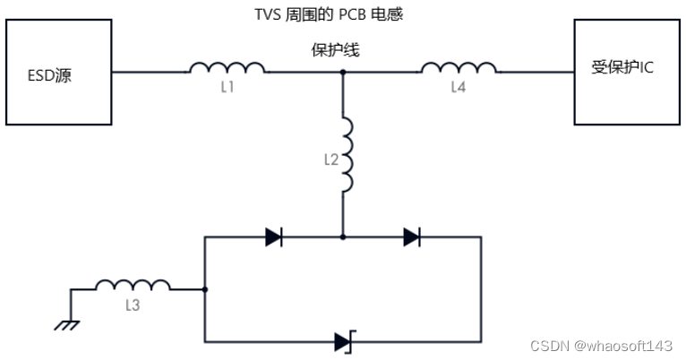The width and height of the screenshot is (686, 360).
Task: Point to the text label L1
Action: pyautogui.click(x=227, y=88)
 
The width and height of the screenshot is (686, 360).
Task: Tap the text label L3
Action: pyautogui.click(x=133, y=305)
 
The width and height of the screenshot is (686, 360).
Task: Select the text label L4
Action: pyautogui.click(x=459, y=88)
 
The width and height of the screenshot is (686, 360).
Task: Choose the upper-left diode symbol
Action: pyautogui.click(x=274, y=237)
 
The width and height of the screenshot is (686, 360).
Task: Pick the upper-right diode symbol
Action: pyautogui.click(x=412, y=237)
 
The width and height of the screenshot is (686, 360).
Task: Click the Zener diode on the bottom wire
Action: pyautogui.click(x=344, y=341)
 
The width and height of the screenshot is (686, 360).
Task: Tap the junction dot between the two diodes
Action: pyautogui.click(x=343, y=237)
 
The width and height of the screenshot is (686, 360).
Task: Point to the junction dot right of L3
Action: pyautogui.click(x=205, y=289)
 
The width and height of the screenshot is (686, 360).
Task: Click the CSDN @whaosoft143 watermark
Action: pyautogui.click(x=601, y=346)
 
